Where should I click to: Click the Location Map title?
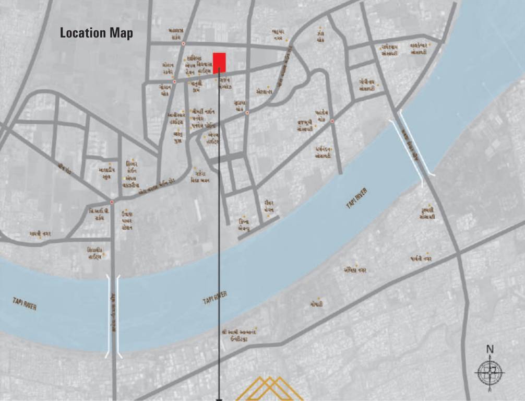[x=97, y=33]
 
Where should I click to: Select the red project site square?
[x=219, y=61]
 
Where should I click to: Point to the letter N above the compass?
[x=490, y=349]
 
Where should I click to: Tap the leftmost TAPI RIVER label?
[x=25, y=303]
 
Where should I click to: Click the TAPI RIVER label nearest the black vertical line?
[x=214, y=298]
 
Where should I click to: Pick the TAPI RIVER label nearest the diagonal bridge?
[x=357, y=199]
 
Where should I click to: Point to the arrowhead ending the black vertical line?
[x=219, y=399]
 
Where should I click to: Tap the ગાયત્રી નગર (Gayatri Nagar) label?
[x=40, y=234]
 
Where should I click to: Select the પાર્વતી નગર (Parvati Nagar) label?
[x=421, y=258]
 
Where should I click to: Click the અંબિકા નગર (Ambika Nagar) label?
[x=355, y=270]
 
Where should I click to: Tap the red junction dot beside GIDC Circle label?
[x=112, y=202]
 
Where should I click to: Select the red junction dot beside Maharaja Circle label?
[x=183, y=44]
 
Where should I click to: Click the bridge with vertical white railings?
[x=114, y=316]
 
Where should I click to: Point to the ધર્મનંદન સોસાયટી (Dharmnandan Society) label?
[x=324, y=152]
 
